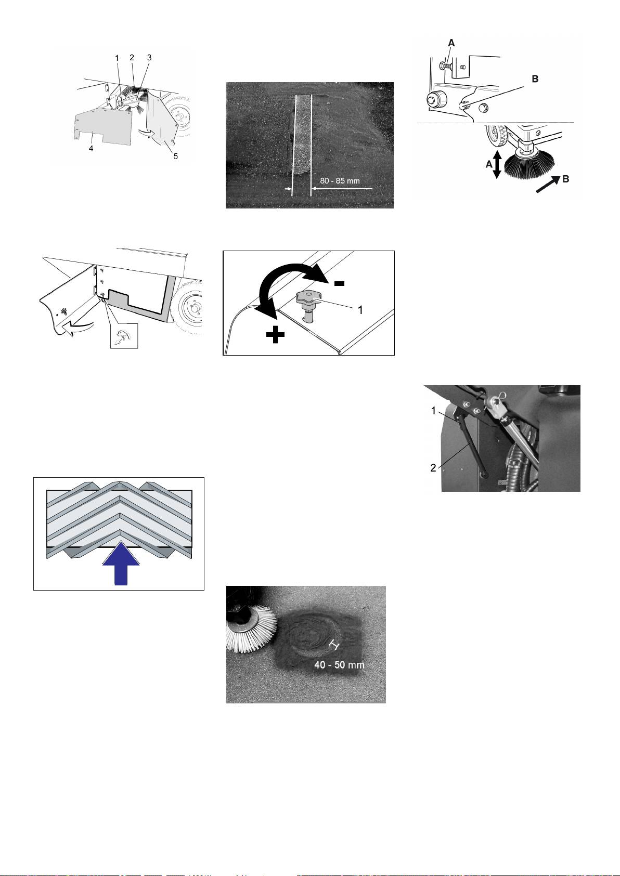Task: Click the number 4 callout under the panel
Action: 91,149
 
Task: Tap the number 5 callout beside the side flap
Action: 176,156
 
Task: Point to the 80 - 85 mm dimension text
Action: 340,181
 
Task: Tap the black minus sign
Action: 339,283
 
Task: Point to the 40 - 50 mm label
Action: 339,665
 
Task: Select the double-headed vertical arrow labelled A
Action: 497,165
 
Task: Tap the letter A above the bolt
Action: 451,43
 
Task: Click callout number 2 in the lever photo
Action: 433,468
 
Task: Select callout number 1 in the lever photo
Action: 433,411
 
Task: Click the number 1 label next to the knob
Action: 360,310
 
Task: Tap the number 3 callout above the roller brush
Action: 149,58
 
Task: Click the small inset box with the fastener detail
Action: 124,336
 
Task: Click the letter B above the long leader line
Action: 535,79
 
